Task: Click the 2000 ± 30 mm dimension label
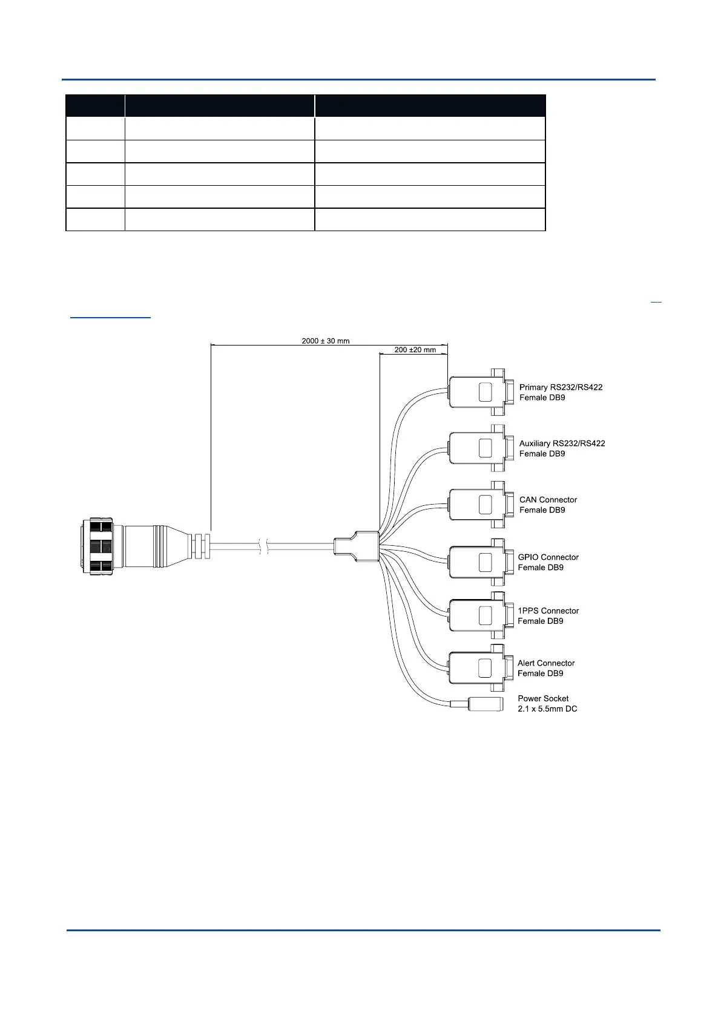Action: [326, 341]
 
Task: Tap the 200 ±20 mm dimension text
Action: [415, 350]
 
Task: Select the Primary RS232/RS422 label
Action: [561, 387]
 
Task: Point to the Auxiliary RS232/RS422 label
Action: [562, 444]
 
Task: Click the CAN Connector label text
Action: [548, 500]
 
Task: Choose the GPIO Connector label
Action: [548, 557]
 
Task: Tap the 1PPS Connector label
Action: [548, 611]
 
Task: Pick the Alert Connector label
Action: [546, 663]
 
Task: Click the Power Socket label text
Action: [543, 698]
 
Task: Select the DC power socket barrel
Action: [486, 703]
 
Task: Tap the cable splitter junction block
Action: [357, 546]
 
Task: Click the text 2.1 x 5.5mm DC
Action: [547, 709]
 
